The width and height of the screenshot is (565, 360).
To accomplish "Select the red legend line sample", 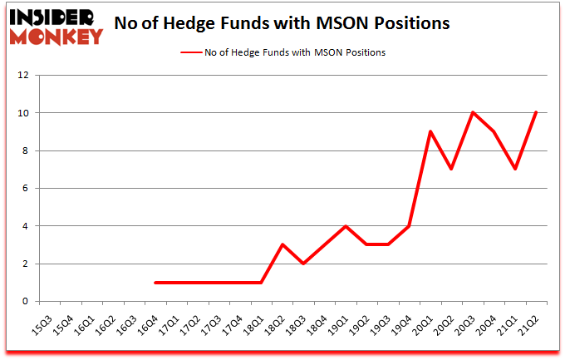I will click(x=198, y=52).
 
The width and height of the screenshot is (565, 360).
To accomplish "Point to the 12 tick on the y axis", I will click(x=23, y=75).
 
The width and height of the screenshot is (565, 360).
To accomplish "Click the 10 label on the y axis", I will click(x=23, y=113).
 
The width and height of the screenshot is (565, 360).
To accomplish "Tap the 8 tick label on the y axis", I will click(x=25, y=150).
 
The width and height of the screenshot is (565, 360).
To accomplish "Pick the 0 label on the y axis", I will click(x=25, y=302).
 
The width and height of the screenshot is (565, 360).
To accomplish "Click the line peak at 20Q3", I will click(x=473, y=113).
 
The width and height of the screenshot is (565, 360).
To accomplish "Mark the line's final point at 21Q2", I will click(x=537, y=113).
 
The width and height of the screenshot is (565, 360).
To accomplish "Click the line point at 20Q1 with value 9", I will click(x=430, y=131).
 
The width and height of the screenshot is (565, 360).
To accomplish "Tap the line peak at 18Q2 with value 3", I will click(x=282, y=244).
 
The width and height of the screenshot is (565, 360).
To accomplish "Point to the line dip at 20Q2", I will click(x=452, y=170).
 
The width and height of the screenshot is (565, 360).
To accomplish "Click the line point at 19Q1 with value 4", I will click(x=346, y=226).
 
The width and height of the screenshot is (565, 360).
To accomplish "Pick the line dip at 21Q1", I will click(x=516, y=170).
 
